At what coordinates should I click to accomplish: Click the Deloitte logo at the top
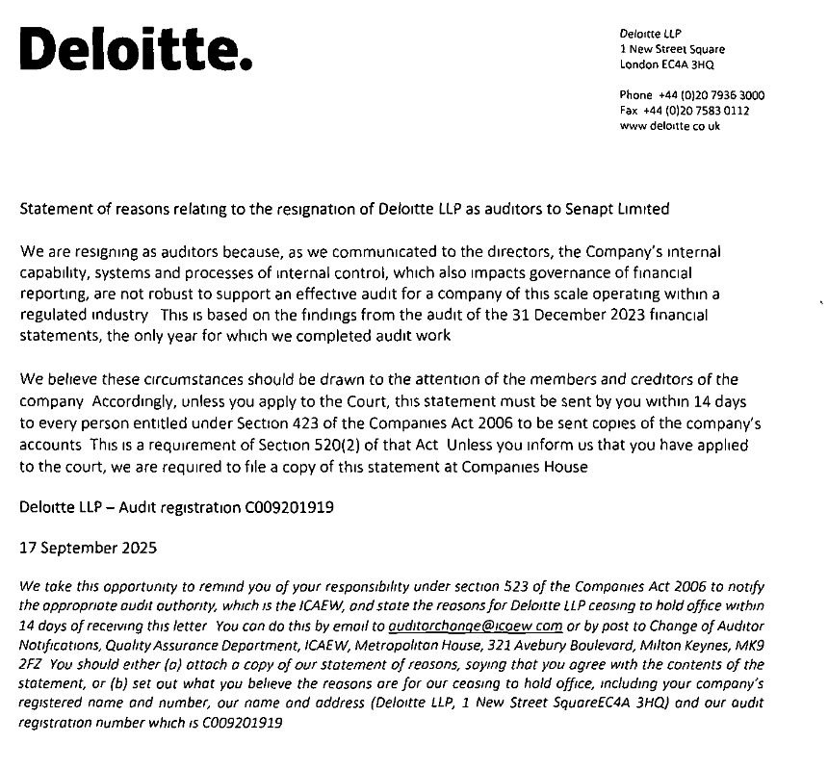point(136,47)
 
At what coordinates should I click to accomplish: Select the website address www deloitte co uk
point(670,126)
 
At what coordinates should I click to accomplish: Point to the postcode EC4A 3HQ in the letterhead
point(686,64)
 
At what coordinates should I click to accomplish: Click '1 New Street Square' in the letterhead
point(672,49)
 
